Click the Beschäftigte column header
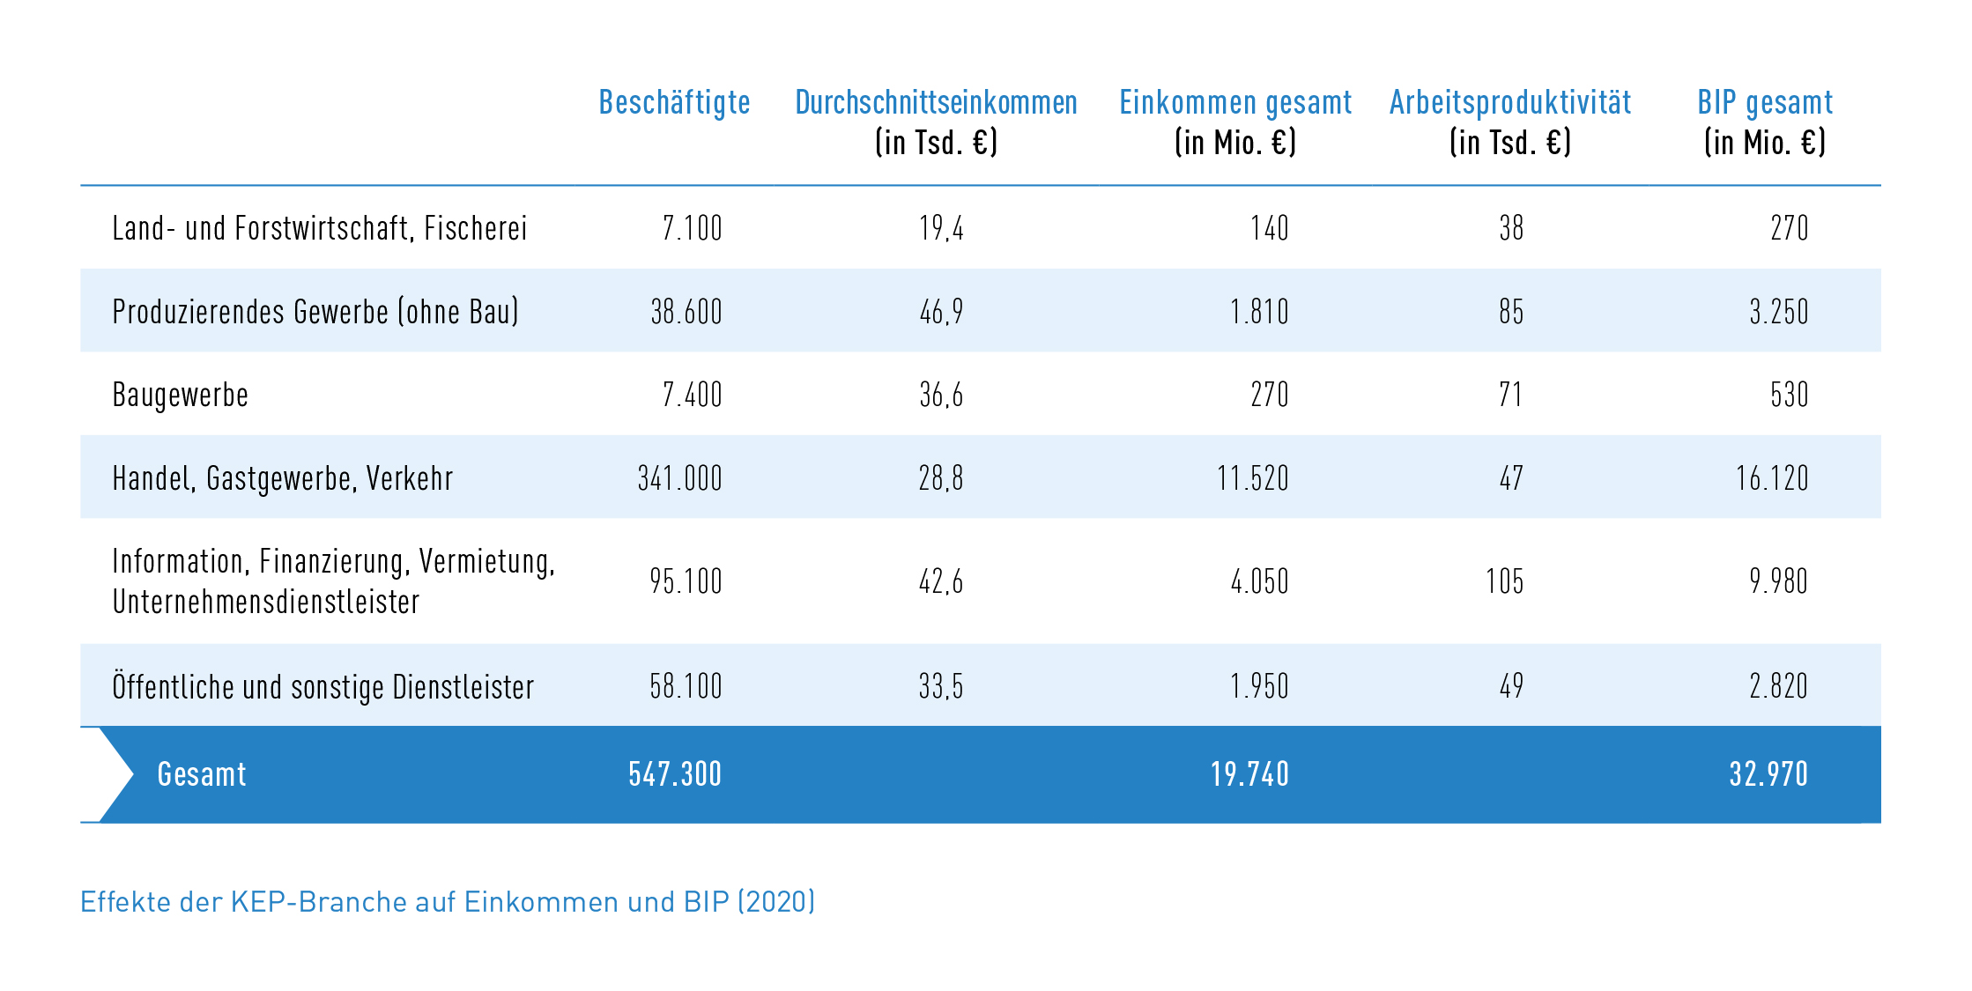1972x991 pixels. pyautogui.click(x=674, y=103)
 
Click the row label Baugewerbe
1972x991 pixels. pyautogui.click(x=181, y=395)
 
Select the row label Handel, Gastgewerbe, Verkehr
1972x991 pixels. pyautogui.click(x=282, y=478)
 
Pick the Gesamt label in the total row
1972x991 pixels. pyautogui.click(x=202, y=774)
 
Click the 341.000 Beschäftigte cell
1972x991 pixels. pyautogui.click(x=679, y=478)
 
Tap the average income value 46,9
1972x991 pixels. pyautogui.click(x=941, y=312)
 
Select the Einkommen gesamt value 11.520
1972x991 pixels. pyautogui.click(x=1252, y=478)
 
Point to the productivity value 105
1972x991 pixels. pyautogui.click(x=1504, y=581)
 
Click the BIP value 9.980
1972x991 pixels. pyautogui.click(x=1778, y=581)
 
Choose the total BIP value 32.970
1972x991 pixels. pyautogui.click(x=1768, y=774)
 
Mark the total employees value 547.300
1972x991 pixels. pyautogui.click(x=675, y=774)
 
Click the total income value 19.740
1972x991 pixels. pyautogui.click(x=1249, y=774)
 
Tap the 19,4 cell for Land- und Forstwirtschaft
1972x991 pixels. pyautogui.click(x=941, y=229)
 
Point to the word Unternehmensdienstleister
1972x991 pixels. pyautogui.click(x=265, y=603)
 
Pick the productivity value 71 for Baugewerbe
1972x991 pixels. pyautogui.click(x=1510, y=395)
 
